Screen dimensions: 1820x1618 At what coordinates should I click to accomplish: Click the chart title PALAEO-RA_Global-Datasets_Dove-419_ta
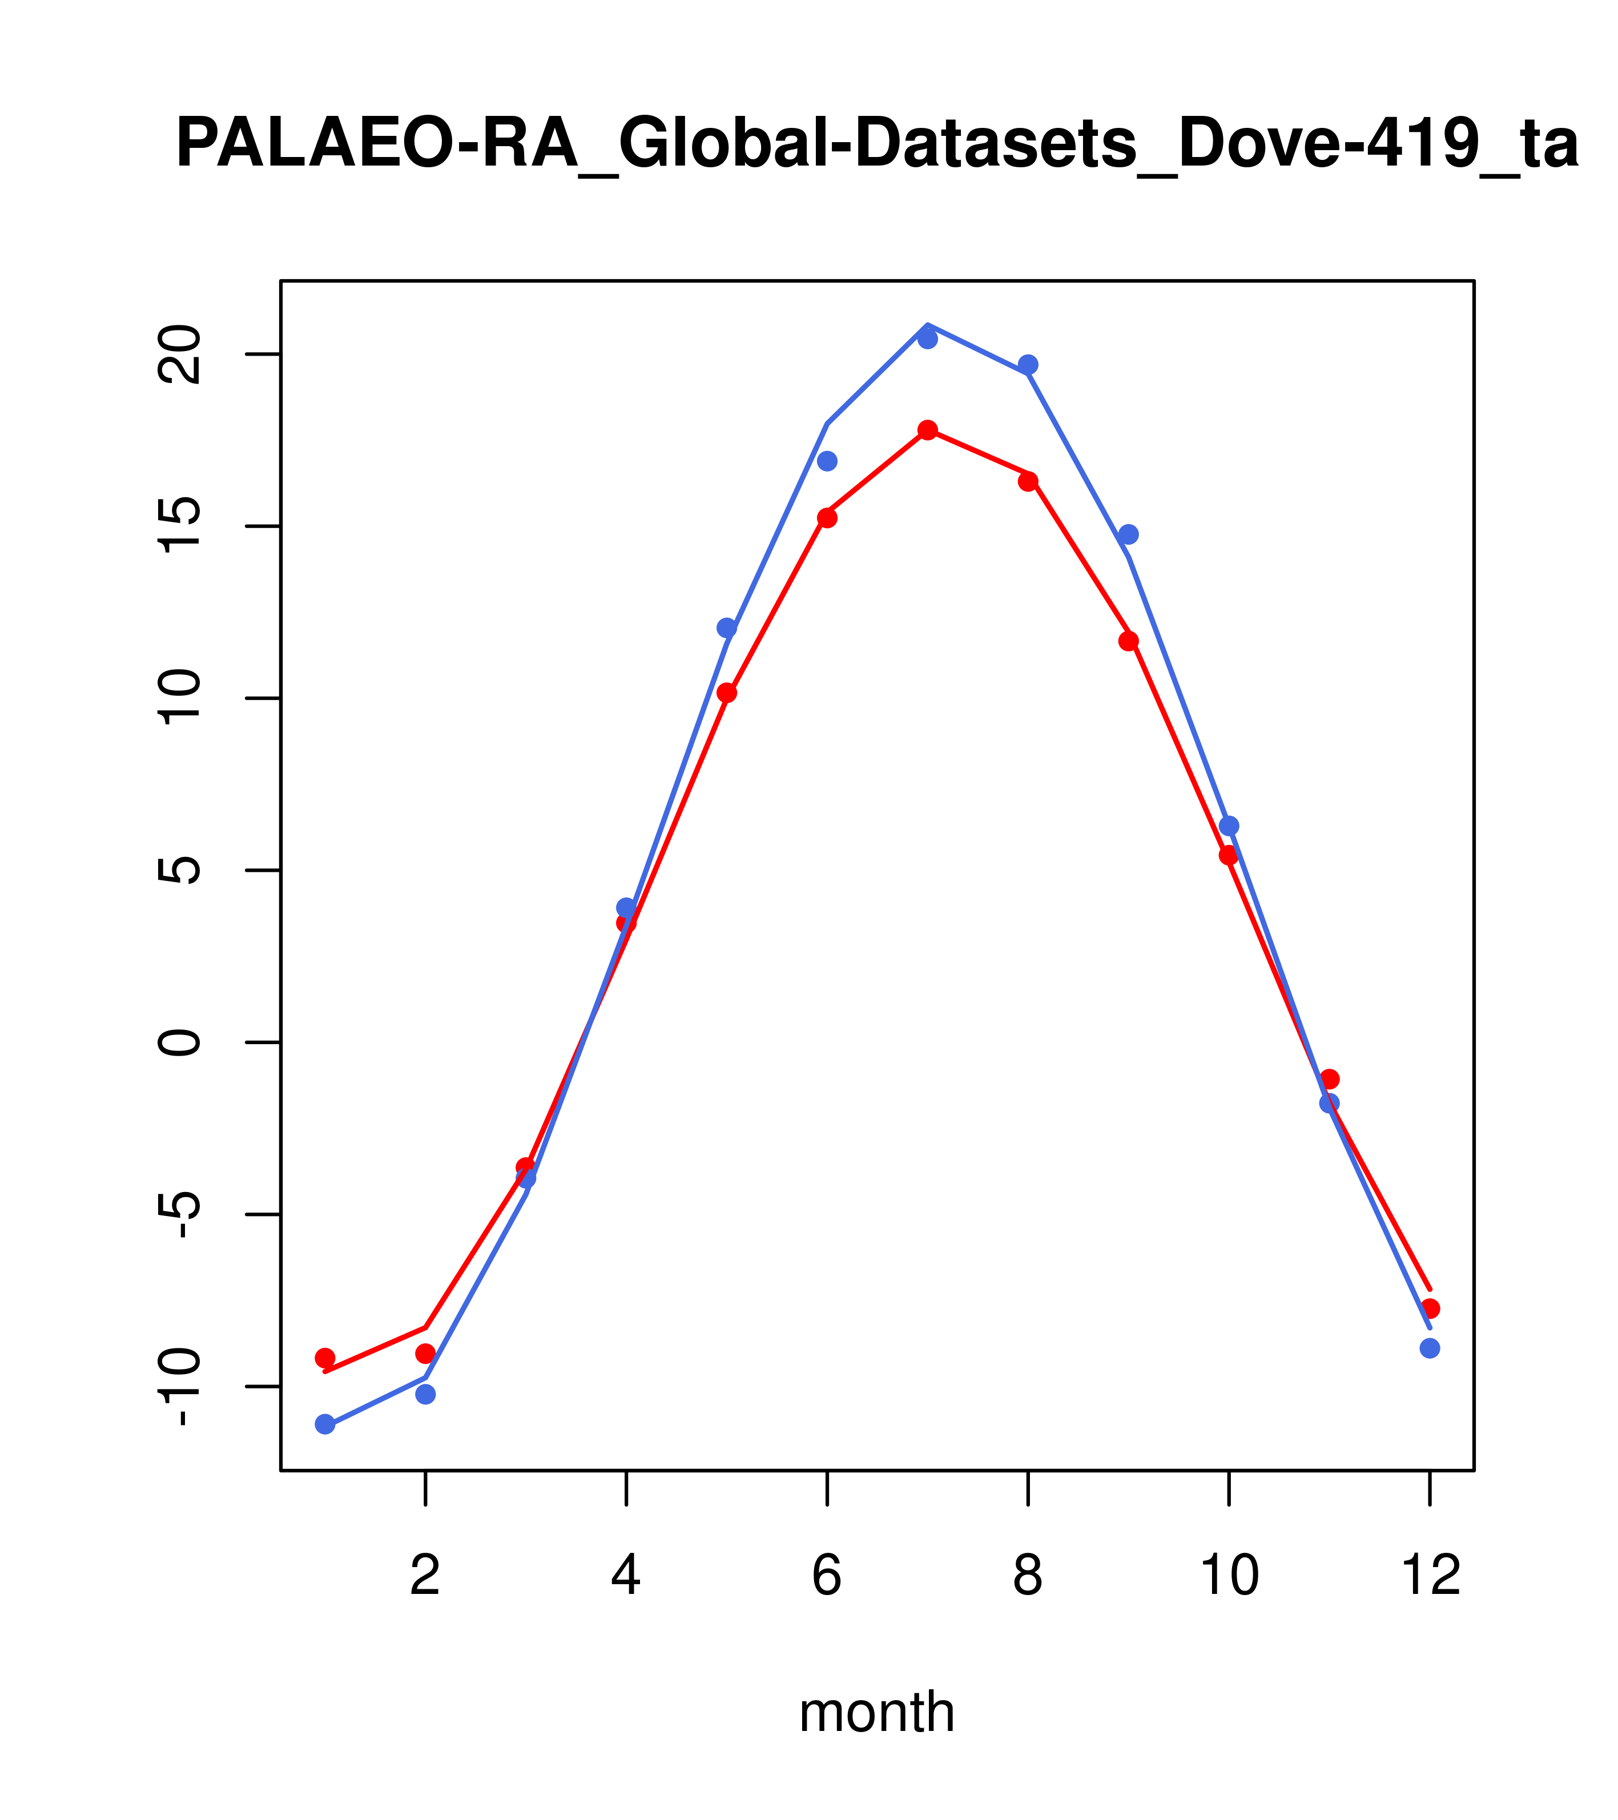[876, 144]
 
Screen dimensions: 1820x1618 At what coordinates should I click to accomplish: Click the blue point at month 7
[927, 339]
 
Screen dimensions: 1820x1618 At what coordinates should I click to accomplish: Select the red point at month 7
[927, 430]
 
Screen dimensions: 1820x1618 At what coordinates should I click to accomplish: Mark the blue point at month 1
[325, 1424]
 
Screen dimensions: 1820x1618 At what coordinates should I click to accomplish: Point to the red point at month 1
[325, 1358]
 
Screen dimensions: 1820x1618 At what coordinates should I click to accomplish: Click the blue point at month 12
[1430, 1348]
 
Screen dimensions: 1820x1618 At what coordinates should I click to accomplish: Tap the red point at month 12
[1430, 1308]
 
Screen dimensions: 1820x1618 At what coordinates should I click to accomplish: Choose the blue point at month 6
[827, 460]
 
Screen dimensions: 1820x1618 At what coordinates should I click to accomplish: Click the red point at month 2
[426, 1354]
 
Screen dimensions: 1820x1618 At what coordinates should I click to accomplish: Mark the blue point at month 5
[727, 628]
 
